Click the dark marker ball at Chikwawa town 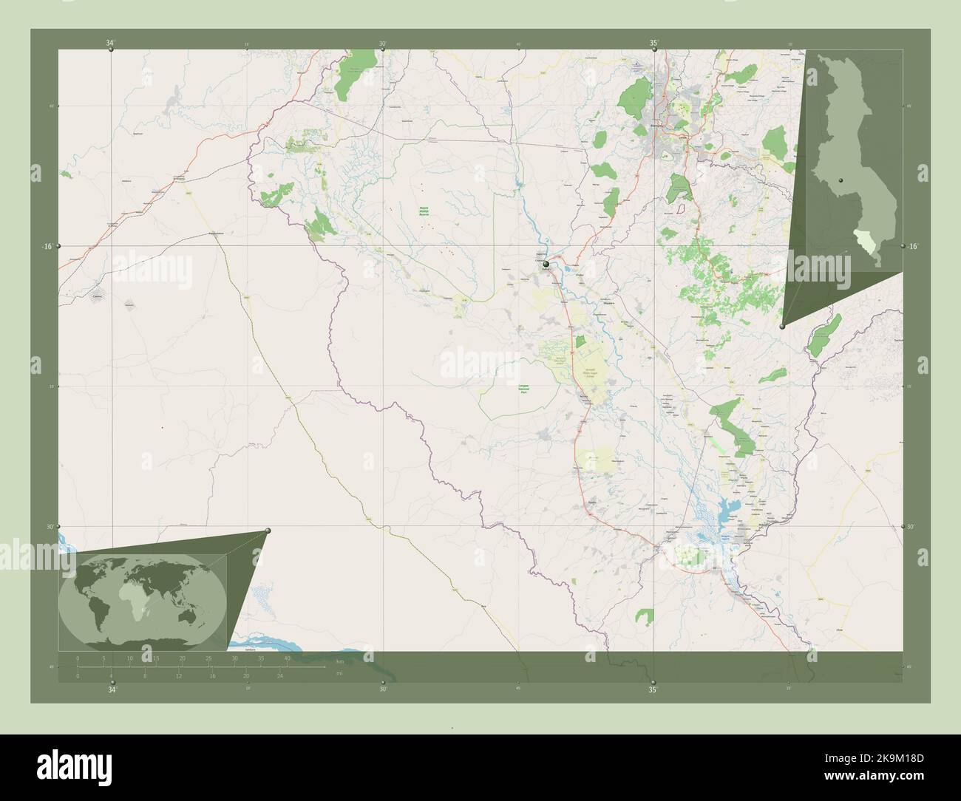546,264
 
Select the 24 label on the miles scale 279,675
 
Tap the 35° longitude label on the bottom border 653,690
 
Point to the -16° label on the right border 914,246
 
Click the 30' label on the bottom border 382,690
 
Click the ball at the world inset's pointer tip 268,531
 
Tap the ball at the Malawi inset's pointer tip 782,325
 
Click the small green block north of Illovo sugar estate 580,341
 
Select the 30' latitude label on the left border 49,527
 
